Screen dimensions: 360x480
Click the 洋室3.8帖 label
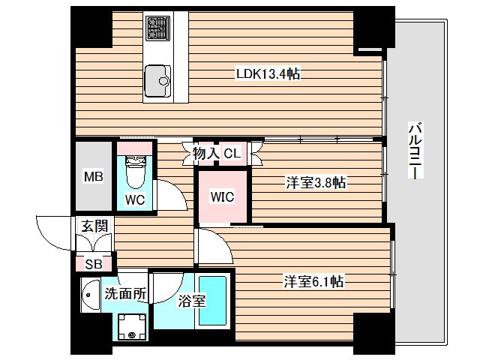coord(315,182)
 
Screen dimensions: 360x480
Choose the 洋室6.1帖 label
coord(313,281)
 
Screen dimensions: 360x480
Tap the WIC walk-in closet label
coord(223,197)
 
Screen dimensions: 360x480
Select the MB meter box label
coord(93,178)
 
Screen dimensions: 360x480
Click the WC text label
coord(135,200)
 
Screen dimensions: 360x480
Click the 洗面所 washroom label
coord(124,295)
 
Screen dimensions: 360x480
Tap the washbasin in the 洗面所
coord(89,294)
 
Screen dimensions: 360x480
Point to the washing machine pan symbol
coord(133,325)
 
